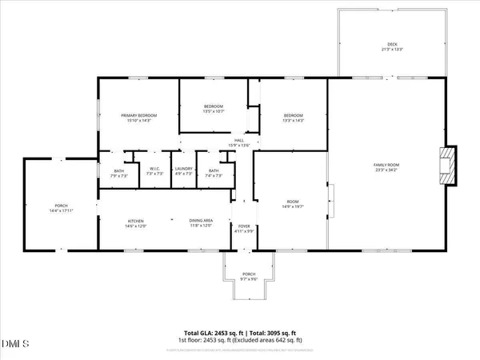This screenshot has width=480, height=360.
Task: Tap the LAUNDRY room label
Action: click(x=184, y=171)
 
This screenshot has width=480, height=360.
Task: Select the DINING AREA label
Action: click(x=201, y=223)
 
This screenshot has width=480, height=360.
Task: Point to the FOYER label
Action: click(x=244, y=229)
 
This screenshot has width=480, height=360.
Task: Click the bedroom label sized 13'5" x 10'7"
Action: click(x=213, y=109)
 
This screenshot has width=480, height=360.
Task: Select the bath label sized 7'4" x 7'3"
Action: click(x=214, y=172)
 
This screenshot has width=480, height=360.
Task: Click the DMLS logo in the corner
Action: click(x=14, y=344)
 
